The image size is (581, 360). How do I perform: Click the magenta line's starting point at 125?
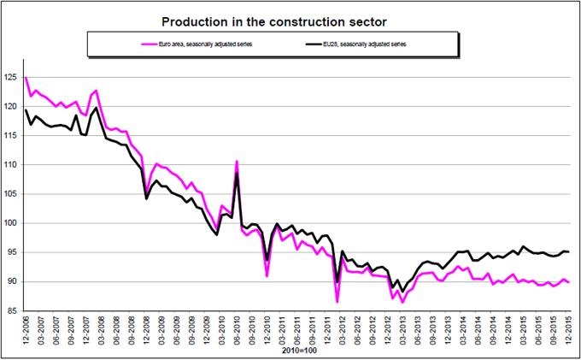click(x=26, y=79)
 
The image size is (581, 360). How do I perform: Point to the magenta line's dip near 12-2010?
click(x=267, y=276)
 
